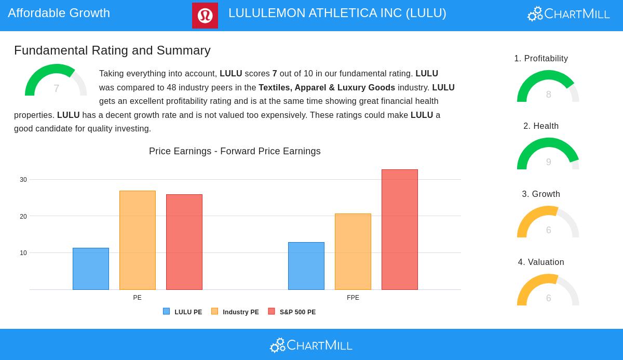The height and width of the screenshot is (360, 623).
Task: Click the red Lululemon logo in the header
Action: (x=205, y=16)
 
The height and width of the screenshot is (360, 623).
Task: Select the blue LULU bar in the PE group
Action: (x=91, y=269)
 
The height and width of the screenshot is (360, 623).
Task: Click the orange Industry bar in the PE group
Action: (x=138, y=240)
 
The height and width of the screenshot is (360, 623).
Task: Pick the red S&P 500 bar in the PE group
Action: (x=184, y=242)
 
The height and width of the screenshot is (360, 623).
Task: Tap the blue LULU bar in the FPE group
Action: (x=306, y=266)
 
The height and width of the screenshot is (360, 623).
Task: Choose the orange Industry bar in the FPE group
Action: (x=353, y=251)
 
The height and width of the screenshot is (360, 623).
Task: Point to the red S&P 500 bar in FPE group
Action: (x=400, y=230)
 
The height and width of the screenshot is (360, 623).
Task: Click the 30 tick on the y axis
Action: (x=23, y=180)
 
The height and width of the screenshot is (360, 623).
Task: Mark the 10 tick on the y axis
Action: (x=23, y=253)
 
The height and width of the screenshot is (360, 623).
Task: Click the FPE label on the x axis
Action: (x=353, y=298)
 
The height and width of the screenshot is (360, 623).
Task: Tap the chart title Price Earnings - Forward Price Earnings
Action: (x=235, y=151)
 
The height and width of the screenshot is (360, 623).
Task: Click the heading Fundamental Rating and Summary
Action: (x=112, y=50)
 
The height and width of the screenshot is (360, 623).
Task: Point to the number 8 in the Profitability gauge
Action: (x=549, y=95)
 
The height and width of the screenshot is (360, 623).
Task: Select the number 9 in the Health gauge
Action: (x=549, y=162)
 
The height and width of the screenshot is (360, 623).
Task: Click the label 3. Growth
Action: (x=541, y=194)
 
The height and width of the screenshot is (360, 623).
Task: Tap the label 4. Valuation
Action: (x=541, y=262)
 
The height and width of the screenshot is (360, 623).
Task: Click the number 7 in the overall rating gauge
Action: (x=57, y=88)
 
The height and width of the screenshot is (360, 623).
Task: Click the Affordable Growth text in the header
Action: (x=59, y=13)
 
